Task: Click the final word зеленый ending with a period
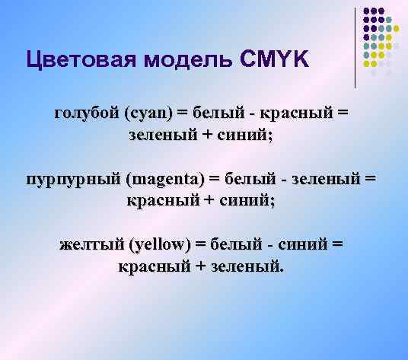(248, 267)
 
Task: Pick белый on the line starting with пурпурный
(248, 180)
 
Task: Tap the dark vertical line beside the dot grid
(355, 46)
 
